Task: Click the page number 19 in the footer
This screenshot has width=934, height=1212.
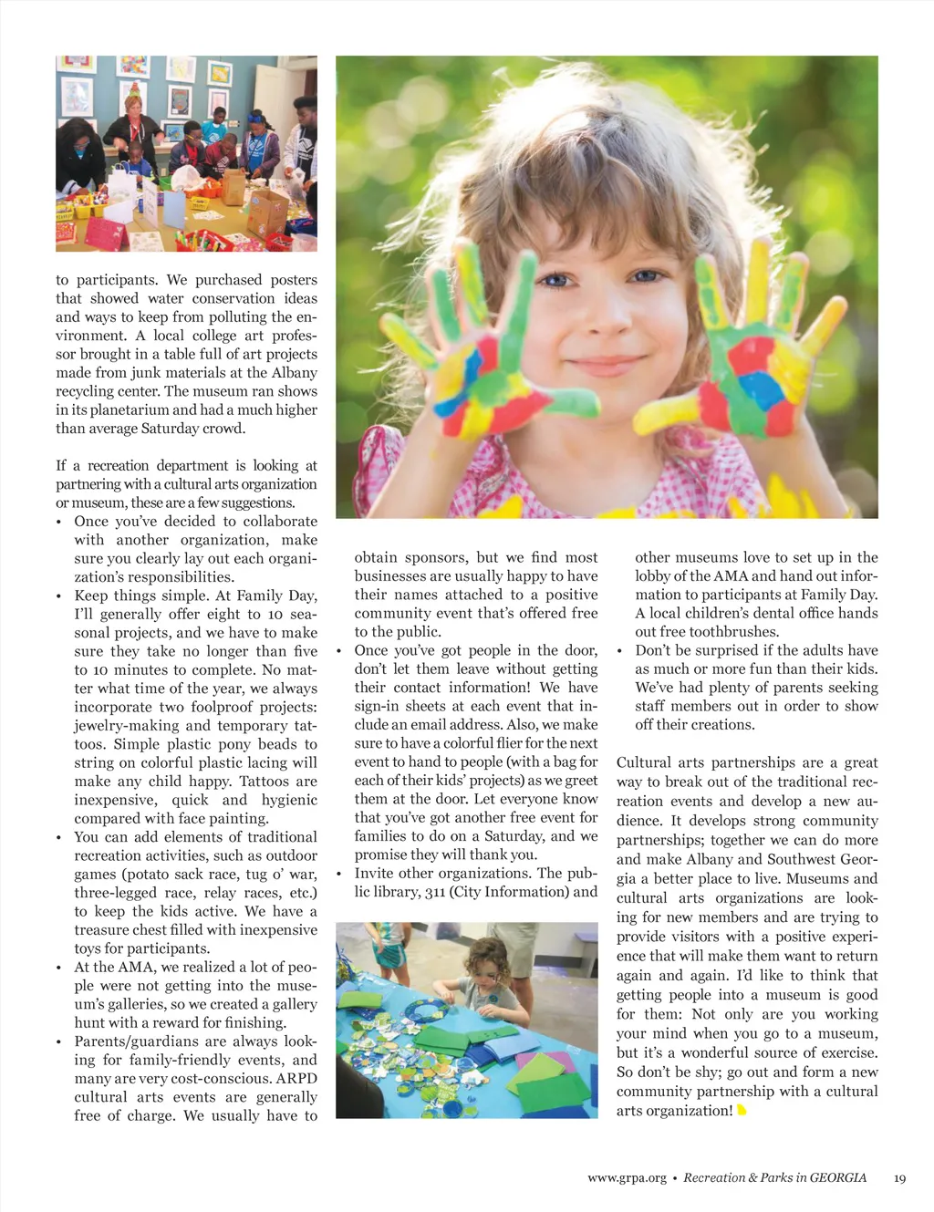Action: (899, 1178)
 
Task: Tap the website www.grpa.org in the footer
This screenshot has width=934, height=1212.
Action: (627, 1178)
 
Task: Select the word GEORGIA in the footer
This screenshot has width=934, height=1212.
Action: (838, 1178)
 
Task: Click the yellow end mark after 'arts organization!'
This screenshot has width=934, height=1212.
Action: (742, 1111)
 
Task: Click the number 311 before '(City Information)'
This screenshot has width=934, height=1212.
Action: (436, 892)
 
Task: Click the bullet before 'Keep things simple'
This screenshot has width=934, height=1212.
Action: (59, 596)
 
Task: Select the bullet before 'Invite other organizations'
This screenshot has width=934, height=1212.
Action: (339, 874)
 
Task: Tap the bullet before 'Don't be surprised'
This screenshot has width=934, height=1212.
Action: (620, 651)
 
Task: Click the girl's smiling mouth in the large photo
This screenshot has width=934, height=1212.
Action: (604, 366)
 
